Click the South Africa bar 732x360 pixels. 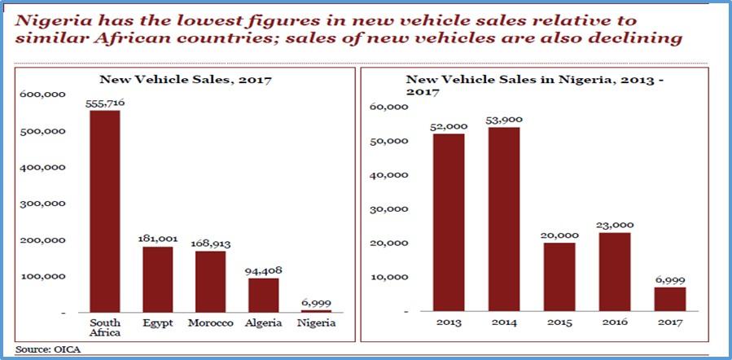pyautogui.click(x=104, y=211)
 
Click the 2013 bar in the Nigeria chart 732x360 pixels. pyautogui.click(x=449, y=222)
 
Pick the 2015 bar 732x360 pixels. pyautogui.click(x=559, y=276)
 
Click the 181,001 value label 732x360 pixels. pyautogui.click(x=159, y=239)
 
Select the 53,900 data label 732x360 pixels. pyautogui.click(x=503, y=120)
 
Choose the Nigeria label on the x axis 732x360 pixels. pyautogui.click(x=314, y=323)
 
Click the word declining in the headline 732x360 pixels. pyautogui.click(x=639, y=39)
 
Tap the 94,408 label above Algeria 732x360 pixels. pyautogui.click(x=262, y=271)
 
